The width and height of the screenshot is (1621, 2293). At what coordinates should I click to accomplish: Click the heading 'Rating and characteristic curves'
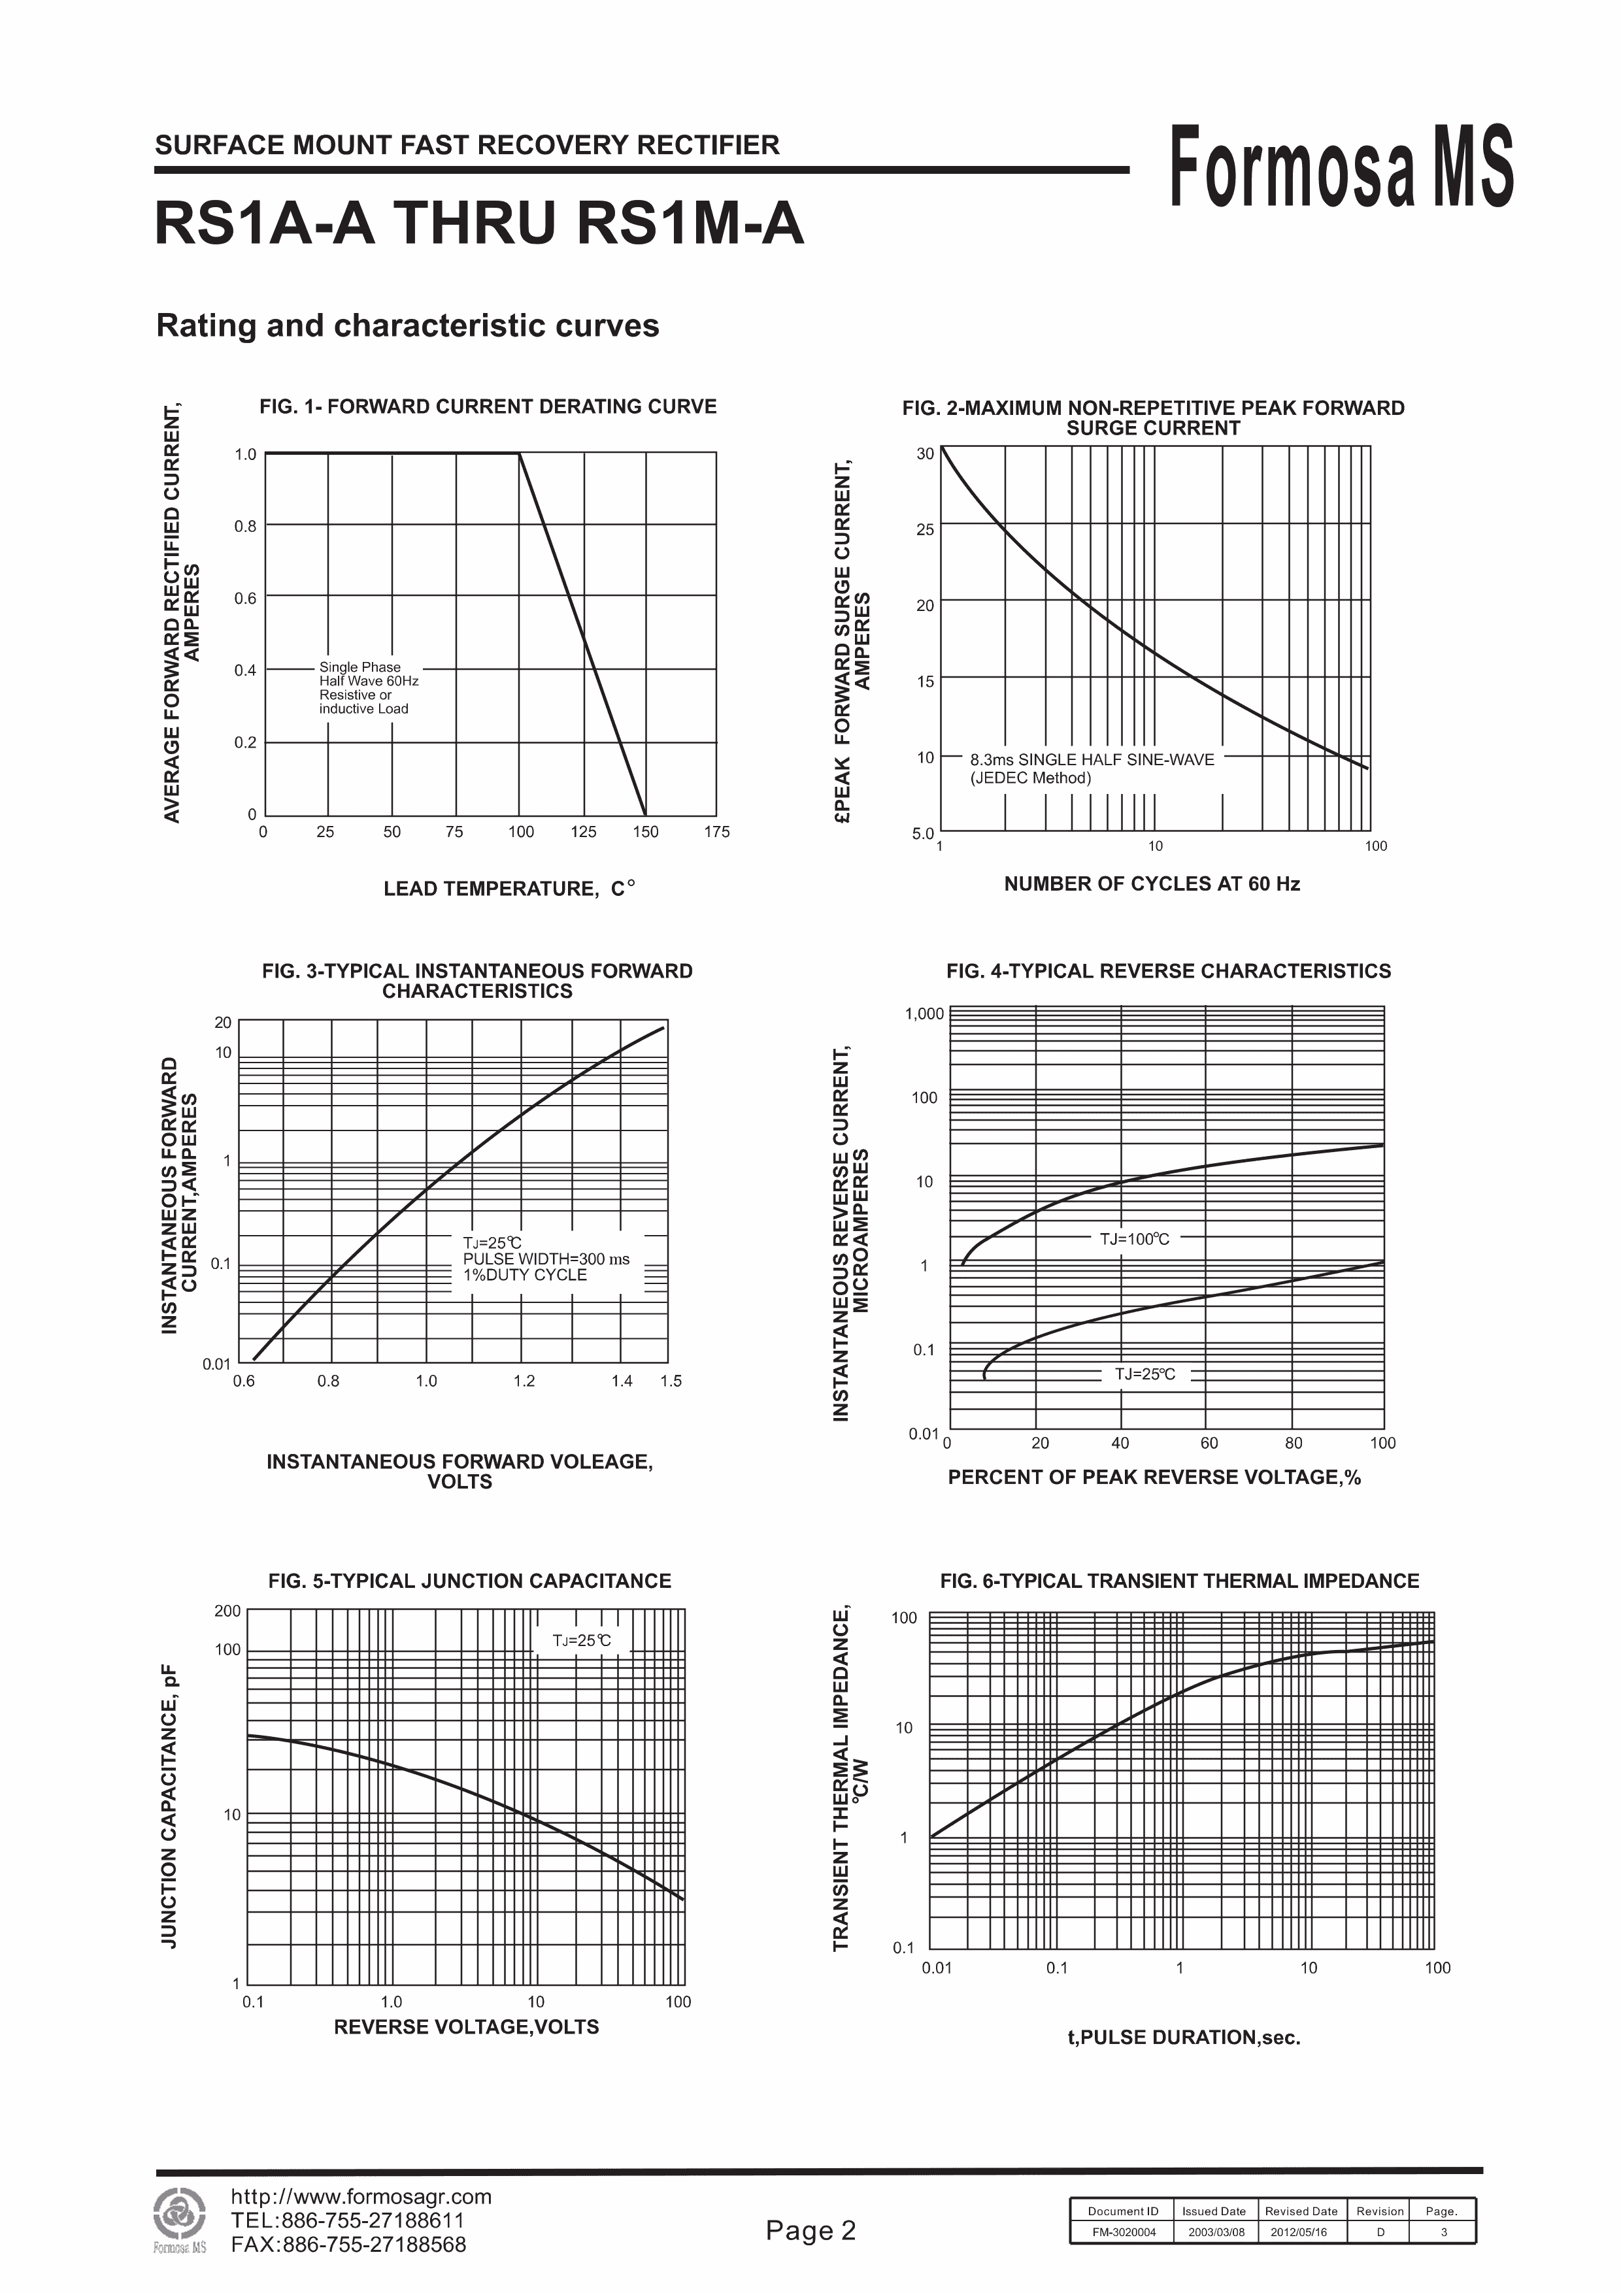point(407,325)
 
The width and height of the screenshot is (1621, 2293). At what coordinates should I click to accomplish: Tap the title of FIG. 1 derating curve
point(488,406)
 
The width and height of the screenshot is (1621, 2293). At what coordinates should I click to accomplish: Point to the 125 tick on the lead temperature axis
point(583,832)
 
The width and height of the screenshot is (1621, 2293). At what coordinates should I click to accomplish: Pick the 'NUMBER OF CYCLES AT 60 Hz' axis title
point(1152,884)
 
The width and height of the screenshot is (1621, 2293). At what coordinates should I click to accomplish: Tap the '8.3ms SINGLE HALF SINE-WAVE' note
point(1092,760)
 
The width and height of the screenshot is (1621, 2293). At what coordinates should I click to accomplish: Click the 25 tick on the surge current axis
point(925,529)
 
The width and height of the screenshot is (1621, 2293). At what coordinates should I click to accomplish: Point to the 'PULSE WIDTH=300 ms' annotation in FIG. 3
point(545,1259)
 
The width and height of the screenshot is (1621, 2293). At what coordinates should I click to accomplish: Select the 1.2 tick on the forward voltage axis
point(524,1381)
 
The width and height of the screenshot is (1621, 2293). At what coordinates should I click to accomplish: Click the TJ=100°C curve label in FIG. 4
point(1135,1238)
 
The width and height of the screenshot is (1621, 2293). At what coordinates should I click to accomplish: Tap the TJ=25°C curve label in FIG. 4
point(1145,1374)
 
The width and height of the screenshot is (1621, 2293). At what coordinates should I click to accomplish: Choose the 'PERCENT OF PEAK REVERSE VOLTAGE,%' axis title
point(1154,1477)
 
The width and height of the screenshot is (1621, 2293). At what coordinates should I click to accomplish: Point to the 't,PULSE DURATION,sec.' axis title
point(1184,2037)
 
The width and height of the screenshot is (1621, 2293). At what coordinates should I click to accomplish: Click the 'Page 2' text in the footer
point(810,2230)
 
